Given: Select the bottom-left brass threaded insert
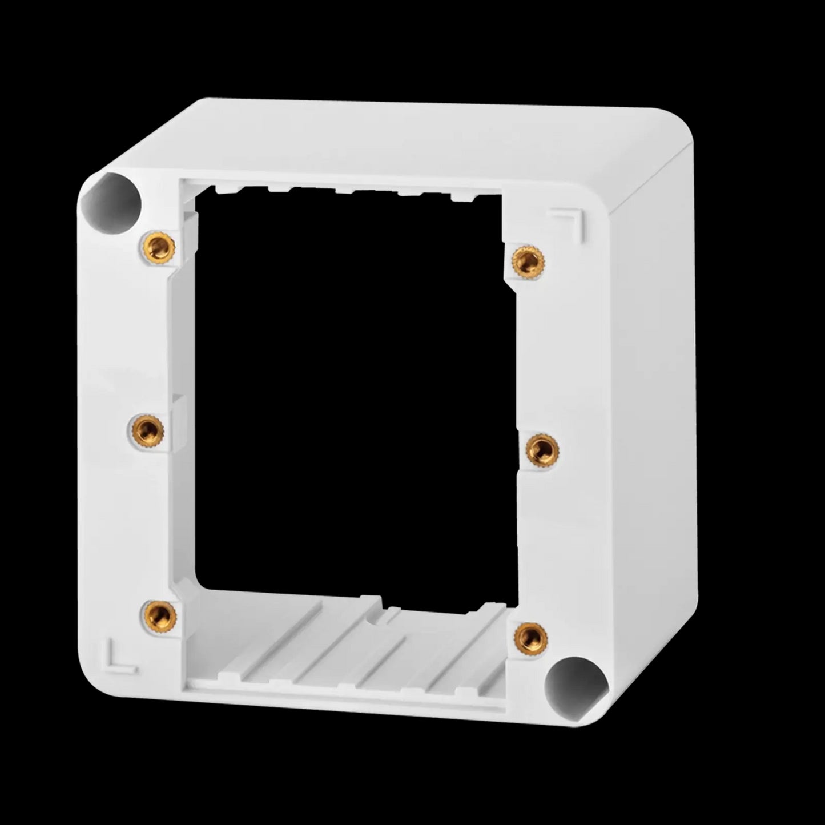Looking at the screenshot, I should tap(159, 614).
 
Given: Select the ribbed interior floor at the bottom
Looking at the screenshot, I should tap(354, 651).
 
